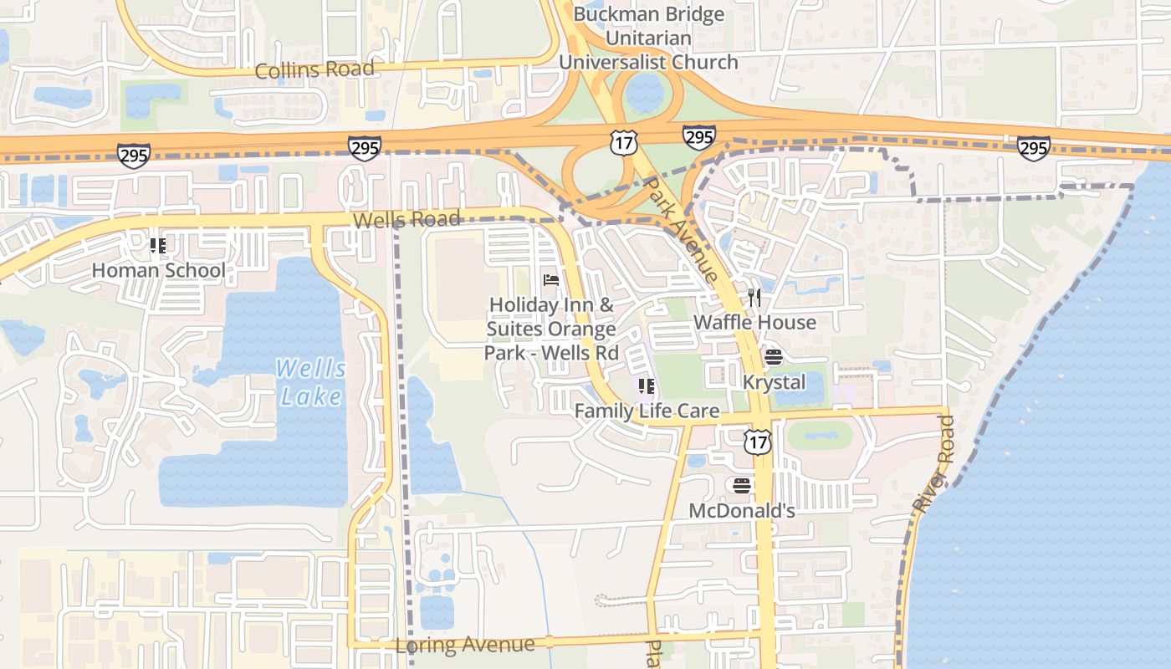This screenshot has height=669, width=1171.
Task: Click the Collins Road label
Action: point(314,70)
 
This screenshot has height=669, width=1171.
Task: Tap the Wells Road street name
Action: point(407,220)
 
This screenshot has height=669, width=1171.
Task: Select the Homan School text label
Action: point(158,271)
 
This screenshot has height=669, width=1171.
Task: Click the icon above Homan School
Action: point(158,246)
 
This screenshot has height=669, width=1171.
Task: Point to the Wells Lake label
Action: point(310,381)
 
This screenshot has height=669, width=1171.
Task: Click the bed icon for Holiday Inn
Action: point(551,279)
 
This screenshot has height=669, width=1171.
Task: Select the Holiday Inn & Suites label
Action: point(551,329)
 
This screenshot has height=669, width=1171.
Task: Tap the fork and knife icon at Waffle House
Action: point(754,298)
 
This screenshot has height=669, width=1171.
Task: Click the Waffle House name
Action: point(754,323)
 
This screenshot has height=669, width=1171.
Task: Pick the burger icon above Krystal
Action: point(774,358)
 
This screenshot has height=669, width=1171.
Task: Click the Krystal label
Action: point(774,383)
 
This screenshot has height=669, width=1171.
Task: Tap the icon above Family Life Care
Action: point(647,386)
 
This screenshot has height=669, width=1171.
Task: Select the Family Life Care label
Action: point(647,411)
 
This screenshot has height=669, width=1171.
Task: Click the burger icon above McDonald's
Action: point(741,486)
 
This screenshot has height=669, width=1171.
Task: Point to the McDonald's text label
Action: point(741,510)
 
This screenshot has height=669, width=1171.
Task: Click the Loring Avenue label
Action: point(464,645)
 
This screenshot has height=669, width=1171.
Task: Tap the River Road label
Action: point(933,465)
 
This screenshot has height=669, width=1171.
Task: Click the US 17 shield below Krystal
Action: point(757,442)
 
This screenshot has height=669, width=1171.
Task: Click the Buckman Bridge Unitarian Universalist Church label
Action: point(648,38)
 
